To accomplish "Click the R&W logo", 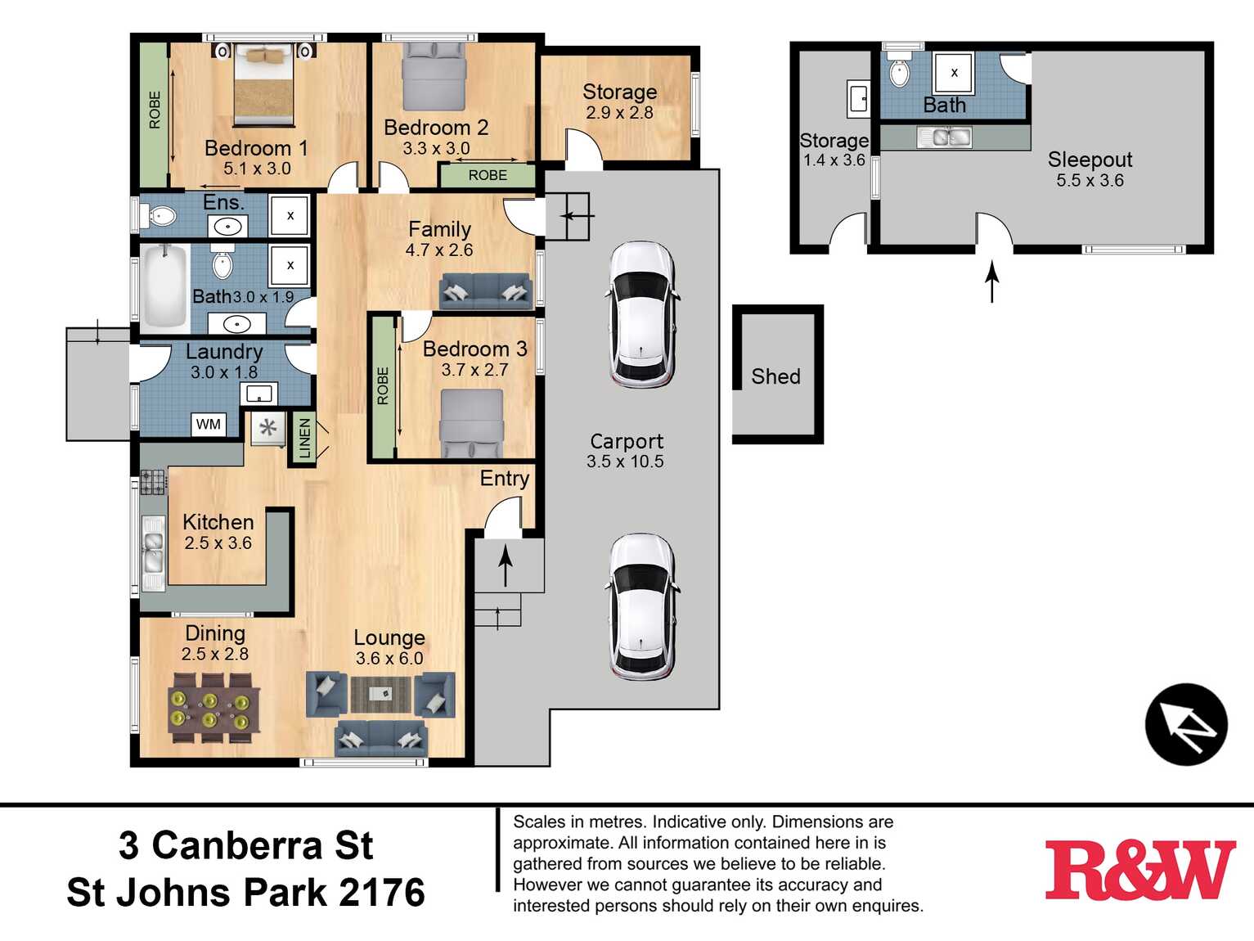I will [1139, 871].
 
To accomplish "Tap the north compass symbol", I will [1185, 724].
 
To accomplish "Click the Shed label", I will [775, 376].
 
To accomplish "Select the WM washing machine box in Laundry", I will [209, 424].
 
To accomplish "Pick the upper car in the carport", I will [642, 314].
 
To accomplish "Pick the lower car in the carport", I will [642, 607].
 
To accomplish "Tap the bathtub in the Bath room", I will [164, 287].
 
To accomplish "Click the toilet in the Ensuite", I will [160, 217].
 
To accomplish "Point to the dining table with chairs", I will [213, 708].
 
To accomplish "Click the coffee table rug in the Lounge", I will [380, 694].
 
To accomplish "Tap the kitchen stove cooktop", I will [153, 482].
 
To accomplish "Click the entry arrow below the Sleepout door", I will [992, 281].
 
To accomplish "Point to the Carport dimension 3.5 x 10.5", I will [625, 461].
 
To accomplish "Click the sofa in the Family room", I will [485, 290].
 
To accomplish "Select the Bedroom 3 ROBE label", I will [383, 385].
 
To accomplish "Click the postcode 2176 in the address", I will [382, 893].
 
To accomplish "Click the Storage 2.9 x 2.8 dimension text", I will [619, 113].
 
